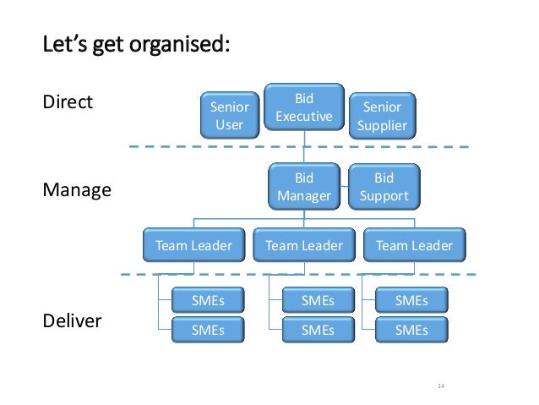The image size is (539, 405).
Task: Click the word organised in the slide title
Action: [180, 43]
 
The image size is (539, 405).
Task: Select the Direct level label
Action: [67, 103]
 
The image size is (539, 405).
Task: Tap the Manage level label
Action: [77, 190]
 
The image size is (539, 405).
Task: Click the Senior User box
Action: [229, 117]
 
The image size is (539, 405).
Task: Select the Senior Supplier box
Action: [382, 117]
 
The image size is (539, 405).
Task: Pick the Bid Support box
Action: [384, 188]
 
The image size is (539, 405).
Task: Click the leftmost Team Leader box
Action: [193, 246]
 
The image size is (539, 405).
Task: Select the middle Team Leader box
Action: [304, 246]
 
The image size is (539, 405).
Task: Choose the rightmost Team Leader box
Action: [414, 246]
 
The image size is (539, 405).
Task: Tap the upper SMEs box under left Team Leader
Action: [207, 300]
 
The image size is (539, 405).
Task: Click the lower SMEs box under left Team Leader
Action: [207, 330]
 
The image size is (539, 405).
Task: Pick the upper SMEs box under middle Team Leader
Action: [318, 300]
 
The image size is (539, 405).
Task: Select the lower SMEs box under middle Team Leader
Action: [318, 330]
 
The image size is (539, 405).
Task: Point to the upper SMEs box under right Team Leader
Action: [411, 300]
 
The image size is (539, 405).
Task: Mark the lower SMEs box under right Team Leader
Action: [411, 330]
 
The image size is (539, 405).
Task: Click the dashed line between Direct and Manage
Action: [169, 146]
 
